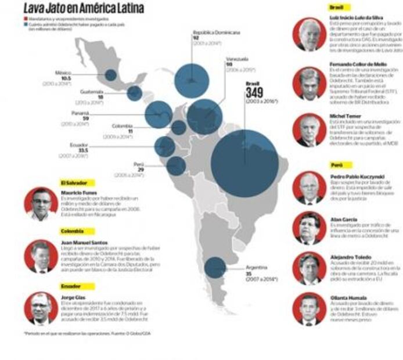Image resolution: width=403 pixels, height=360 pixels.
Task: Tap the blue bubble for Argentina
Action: point(215,267)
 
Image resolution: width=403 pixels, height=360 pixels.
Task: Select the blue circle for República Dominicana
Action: point(192,80)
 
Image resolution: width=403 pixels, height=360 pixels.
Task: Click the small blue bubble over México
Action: point(110,75)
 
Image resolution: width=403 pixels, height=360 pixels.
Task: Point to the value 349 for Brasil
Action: point(254,93)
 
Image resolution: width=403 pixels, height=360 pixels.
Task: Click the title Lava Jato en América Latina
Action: point(84,8)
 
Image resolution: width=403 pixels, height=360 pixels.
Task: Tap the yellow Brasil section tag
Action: point(336,8)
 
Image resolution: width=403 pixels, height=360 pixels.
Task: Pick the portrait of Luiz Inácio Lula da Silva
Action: point(309,34)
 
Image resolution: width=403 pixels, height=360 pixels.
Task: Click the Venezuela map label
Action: point(238,59)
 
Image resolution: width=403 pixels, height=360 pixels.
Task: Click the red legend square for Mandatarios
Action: point(26,19)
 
